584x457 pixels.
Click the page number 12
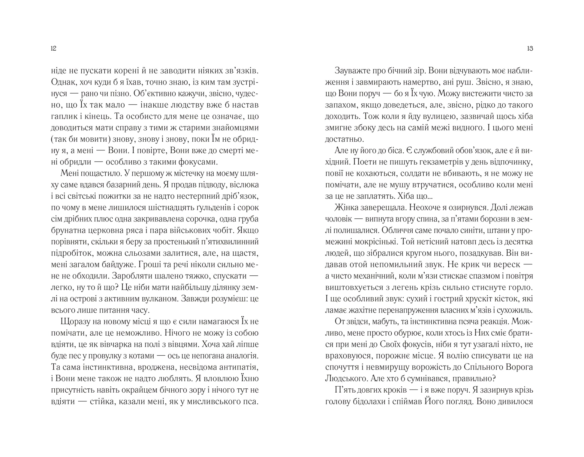54,49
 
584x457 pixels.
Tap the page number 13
530,49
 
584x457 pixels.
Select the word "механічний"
378,276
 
